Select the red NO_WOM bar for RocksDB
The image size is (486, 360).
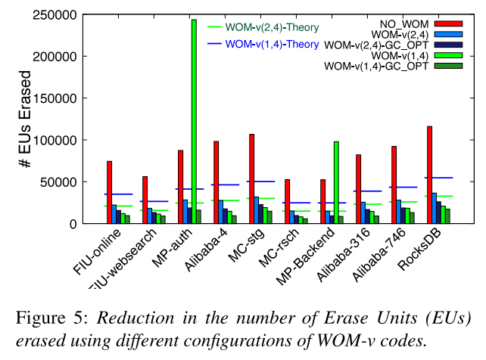pos(429,175)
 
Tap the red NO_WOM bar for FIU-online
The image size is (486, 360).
pos(110,192)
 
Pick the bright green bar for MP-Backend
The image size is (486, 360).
pos(336,182)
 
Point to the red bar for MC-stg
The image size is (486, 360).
pos(251,178)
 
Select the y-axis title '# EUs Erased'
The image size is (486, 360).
pos(26,119)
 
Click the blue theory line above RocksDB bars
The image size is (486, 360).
pos(438,178)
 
